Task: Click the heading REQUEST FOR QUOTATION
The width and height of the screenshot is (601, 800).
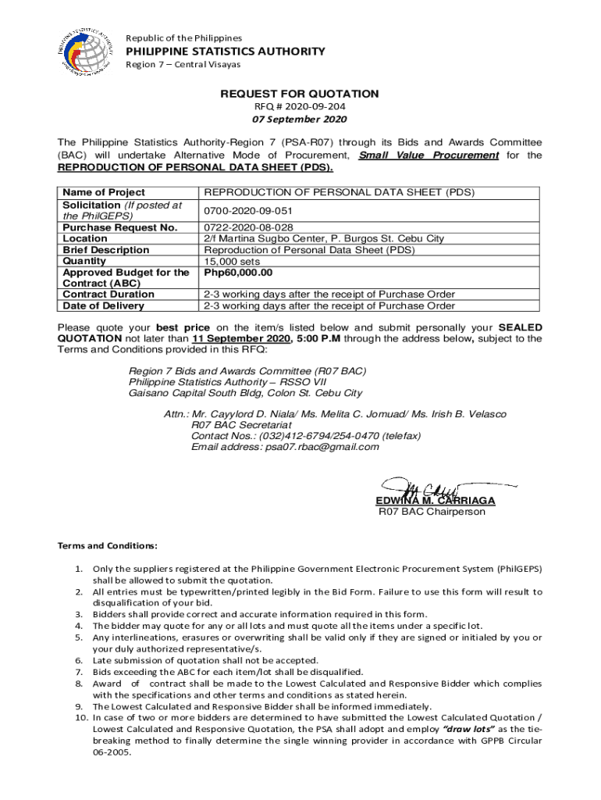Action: click(x=300, y=94)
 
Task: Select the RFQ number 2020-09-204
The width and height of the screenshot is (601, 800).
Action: click(x=300, y=106)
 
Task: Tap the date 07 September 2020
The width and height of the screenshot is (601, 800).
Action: click(x=300, y=120)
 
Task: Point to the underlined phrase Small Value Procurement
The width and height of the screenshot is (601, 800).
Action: click(x=428, y=155)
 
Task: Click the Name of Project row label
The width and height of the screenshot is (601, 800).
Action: click(x=104, y=192)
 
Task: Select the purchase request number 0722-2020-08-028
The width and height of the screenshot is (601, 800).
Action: click(x=249, y=227)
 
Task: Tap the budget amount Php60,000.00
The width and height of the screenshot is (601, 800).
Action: click(x=238, y=273)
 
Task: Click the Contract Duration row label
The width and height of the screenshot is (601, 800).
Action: click(x=108, y=295)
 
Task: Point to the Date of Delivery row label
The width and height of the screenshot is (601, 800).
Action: click(x=103, y=305)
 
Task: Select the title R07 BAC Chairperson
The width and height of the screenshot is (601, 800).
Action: click(x=432, y=512)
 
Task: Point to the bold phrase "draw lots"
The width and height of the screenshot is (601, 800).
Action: click(x=468, y=728)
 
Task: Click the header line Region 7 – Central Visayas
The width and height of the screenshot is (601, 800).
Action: click(x=183, y=64)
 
